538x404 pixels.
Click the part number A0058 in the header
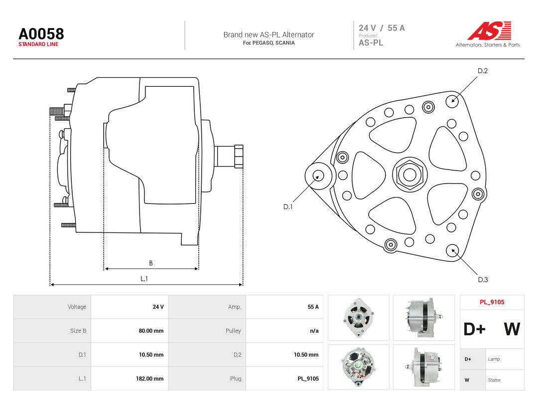(x=41, y=34)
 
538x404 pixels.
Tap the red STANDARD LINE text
(x=38, y=44)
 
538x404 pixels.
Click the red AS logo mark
(x=489, y=30)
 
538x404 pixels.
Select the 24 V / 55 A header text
(x=382, y=28)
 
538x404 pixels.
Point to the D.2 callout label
(x=482, y=71)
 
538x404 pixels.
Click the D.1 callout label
(x=288, y=207)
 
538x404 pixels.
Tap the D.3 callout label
(x=483, y=280)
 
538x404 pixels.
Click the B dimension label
(x=150, y=263)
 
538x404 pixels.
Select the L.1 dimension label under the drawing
(x=144, y=279)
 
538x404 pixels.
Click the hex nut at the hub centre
(x=409, y=175)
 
